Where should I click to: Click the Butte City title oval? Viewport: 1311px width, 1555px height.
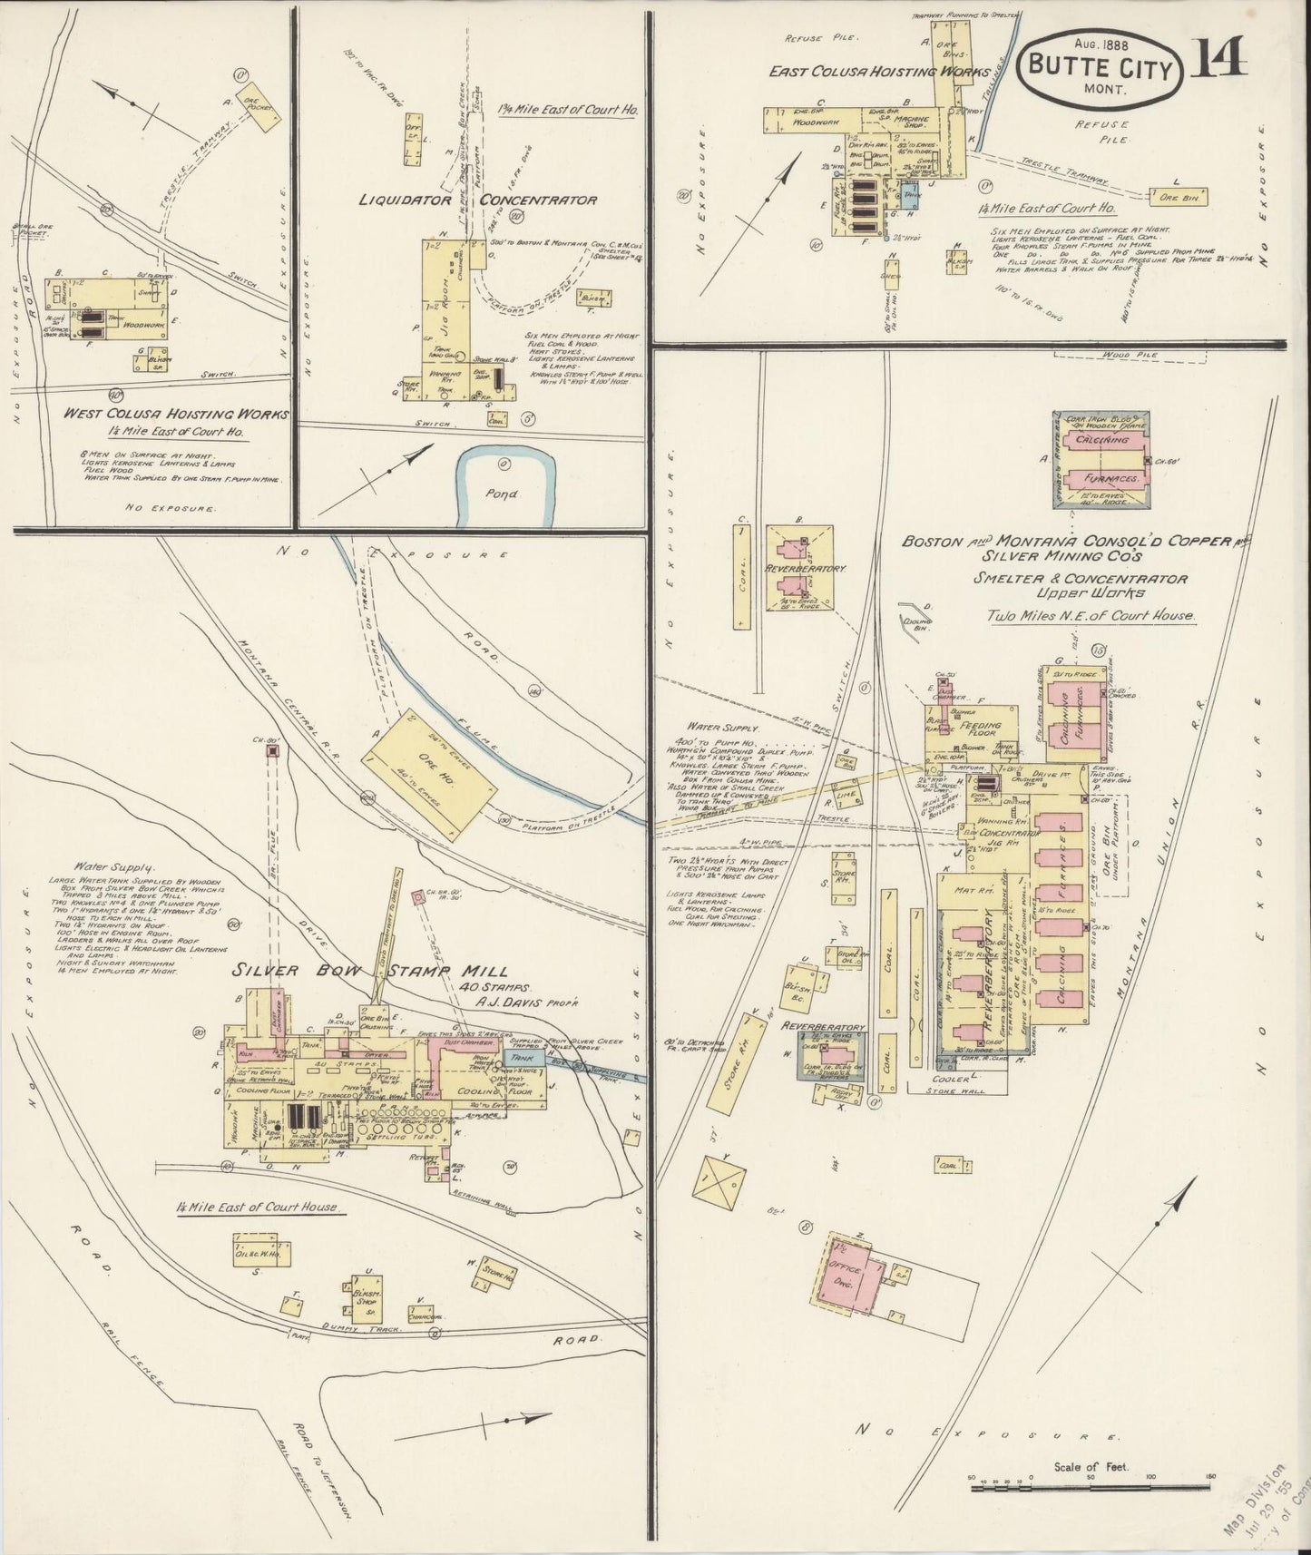1100,71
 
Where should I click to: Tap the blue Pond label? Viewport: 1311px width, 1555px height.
501,494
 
